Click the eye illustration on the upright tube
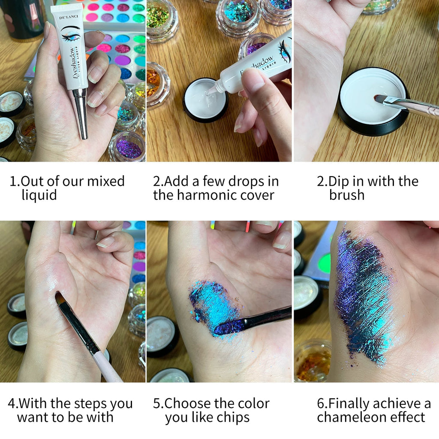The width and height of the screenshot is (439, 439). click(x=70, y=34)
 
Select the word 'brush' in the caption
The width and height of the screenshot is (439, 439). click(x=346, y=195)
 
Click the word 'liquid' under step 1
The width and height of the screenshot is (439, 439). click(x=39, y=195)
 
